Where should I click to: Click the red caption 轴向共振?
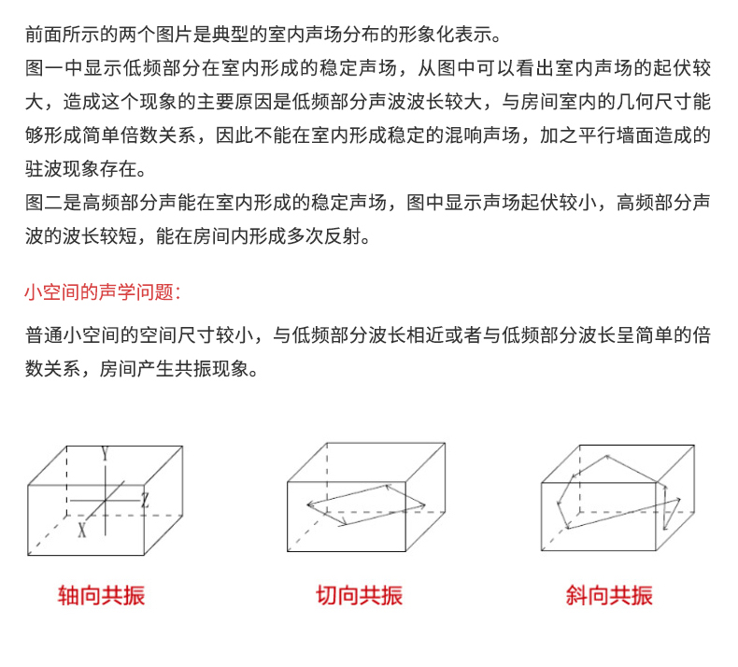click(x=101, y=595)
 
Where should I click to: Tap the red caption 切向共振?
click(x=360, y=595)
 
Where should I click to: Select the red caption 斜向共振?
click(x=609, y=595)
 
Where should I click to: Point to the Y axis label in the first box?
click(x=105, y=454)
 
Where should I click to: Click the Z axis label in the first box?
click(x=146, y=500)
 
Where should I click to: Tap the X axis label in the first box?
click(x=82, y=530)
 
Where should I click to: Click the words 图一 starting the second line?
click(x=44, y=68)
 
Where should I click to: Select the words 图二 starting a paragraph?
click(x=44, y=203)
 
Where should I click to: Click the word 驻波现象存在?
click(x=81, y=169)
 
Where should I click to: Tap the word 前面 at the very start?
click(x=44, y=35)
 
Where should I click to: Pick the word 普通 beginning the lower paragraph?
click(x=44, y=335)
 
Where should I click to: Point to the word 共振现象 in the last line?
click(x=211, y=369)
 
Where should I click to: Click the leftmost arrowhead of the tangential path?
click(x=309, y=505)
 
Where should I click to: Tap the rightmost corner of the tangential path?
click(x=424, y=506)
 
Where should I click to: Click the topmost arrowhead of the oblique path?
click(x=607, y=456)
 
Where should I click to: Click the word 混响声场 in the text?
click(x=482, y=135)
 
